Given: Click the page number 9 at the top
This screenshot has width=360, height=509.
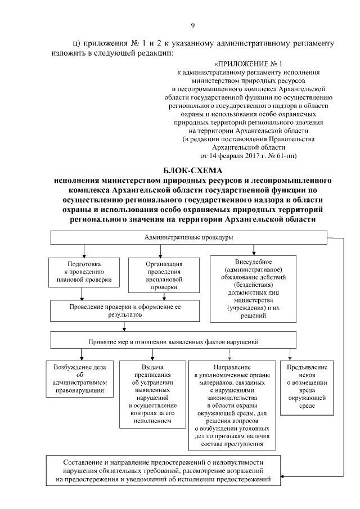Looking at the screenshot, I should coord(192,25).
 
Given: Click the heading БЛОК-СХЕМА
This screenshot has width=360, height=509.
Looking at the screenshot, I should coord(192,170).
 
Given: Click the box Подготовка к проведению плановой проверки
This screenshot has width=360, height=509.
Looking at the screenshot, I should coord(84,271).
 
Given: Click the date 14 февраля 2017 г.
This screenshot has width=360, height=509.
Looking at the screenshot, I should coord(235,154).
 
